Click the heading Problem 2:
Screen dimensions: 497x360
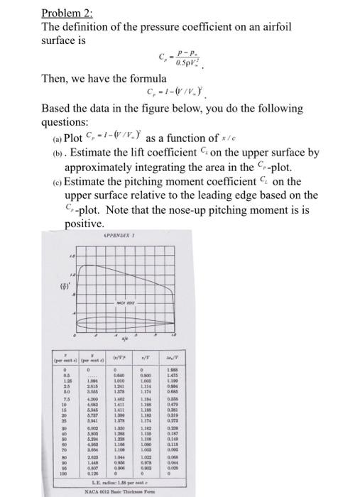coord(62,13)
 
